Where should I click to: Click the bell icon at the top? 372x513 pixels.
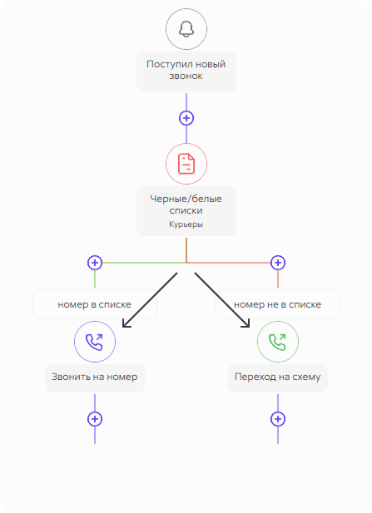point(186,29)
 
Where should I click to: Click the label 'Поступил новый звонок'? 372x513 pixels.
point(186,70)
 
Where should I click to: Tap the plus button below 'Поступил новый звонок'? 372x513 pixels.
point(186,118)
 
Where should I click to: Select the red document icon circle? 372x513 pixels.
point(186,164)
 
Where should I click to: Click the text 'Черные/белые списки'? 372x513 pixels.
point(186,205)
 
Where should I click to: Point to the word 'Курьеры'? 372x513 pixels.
point(186,224)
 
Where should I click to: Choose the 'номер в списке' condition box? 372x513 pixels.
point(95,304)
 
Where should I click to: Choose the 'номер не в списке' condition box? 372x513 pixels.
point(278,304)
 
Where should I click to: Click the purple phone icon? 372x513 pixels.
point(95,342)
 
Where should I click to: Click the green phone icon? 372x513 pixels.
point(278,342)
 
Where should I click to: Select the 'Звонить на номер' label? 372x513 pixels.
point(95,377)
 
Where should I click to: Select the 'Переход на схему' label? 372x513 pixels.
point(278,377)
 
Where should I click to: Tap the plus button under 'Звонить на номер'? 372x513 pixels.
point(95,419)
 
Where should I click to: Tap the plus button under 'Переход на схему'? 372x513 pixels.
point(278,419)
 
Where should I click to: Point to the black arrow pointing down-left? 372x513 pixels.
point(150,300)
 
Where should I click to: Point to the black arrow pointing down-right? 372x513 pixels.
point(222,300)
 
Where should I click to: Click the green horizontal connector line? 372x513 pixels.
point(144,263)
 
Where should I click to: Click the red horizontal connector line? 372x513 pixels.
point(229,263)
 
